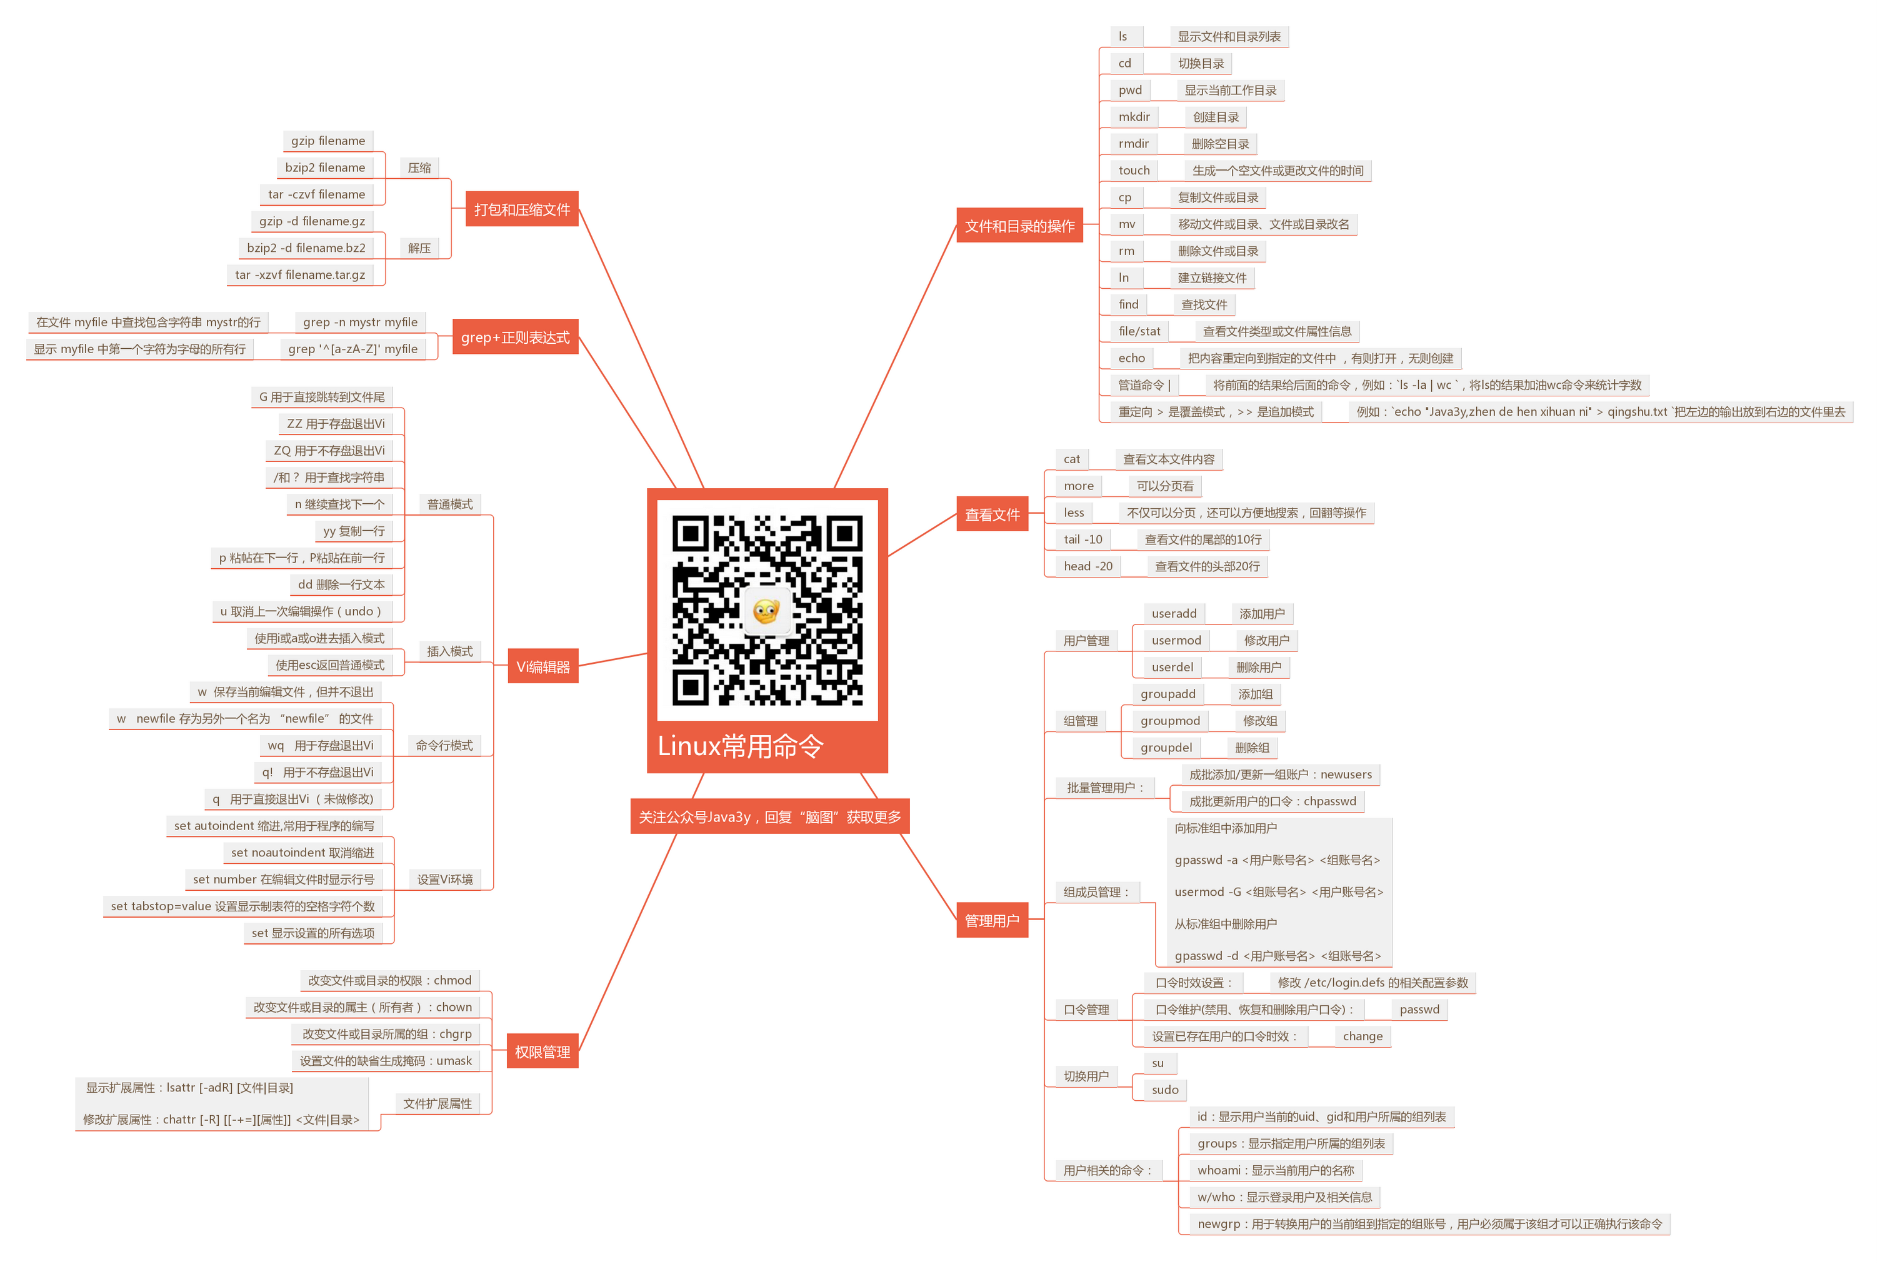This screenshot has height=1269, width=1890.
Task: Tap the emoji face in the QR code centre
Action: (766, 611)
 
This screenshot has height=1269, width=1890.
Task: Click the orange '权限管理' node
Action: (542, 1051)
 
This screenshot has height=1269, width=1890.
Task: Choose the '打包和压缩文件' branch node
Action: (522, 209)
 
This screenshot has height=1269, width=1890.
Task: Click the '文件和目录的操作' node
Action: (1019, 226)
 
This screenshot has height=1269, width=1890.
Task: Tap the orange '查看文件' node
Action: (992, 514)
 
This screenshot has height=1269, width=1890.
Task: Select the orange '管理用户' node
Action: (992, 920)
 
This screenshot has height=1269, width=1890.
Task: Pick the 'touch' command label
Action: (1134, 171)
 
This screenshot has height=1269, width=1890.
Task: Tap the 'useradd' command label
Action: (1174, 613)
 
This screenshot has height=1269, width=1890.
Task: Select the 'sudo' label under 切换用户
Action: (1165, 1090)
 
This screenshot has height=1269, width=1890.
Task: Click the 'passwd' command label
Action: (1419, 1009)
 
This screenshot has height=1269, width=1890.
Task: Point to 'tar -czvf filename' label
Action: (316, 194)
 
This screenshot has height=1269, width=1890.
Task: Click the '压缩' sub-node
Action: (419, 168)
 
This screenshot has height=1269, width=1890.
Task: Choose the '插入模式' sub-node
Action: (450, 651)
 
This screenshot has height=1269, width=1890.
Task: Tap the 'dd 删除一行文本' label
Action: (341, 584)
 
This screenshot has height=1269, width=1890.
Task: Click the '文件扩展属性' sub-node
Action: (437, 1104)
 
